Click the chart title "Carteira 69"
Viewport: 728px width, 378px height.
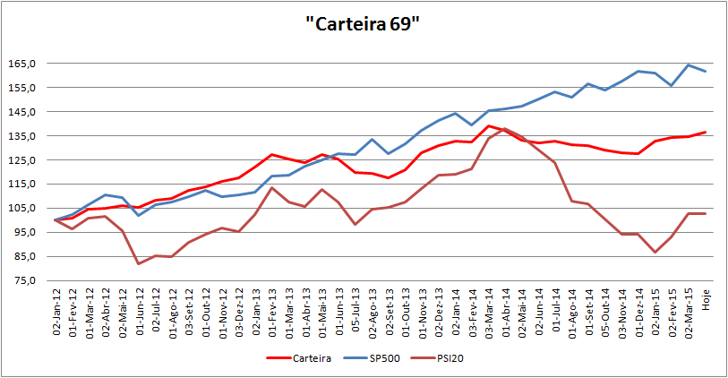coord(363,24)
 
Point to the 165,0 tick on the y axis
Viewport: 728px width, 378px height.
coord(35,64)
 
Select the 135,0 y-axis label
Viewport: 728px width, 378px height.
coord(35,136)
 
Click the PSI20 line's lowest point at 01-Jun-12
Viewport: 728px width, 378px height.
coord(139,263)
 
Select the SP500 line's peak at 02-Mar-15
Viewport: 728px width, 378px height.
coord(688,64)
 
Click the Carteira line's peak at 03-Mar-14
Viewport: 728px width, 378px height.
coord(489,126)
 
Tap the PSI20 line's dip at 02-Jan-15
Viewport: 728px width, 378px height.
coord(655,253)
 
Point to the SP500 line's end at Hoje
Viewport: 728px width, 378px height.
coord(705,72)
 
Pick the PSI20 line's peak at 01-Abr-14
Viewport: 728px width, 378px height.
coord(505,128)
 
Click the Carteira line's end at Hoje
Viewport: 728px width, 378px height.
coord(705,133)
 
